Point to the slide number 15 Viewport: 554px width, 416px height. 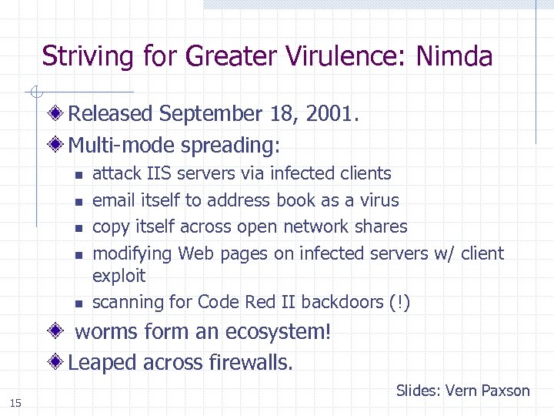coord(15,403)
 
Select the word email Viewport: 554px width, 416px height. coord(114,200)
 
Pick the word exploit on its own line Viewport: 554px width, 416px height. coord(118,276)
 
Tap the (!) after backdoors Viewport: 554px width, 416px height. coord(400,302)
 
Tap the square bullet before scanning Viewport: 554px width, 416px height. coord(78,303)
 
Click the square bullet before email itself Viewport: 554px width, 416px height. coord(78,201)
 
